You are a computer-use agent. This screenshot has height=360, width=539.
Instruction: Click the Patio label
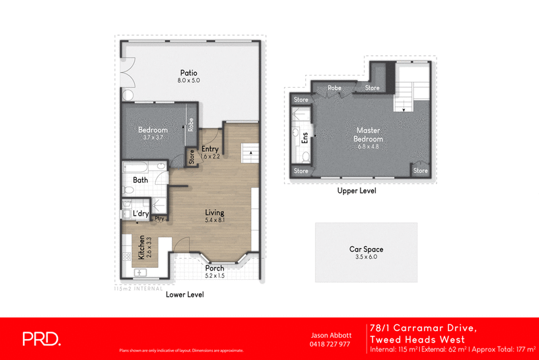coord(189,72)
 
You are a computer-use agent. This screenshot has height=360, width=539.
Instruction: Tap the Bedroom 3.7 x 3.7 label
coord(152,130)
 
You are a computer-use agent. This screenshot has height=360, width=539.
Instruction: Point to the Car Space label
coord(366,249)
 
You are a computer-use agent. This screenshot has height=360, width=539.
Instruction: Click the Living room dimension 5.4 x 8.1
coord(215,220)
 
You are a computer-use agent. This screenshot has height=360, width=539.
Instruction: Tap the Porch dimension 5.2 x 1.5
coord(215,276)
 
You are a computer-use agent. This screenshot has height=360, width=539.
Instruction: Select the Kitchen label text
coord(141,247)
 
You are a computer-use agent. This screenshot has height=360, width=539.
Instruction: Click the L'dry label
coord(141,214)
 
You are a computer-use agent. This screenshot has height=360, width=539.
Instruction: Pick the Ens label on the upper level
coord(305,138)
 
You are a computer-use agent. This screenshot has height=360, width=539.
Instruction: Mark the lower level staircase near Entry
coord(250,152)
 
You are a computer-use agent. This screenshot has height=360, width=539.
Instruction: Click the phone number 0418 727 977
coord(329,344)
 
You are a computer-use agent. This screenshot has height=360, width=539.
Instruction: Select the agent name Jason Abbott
coord(329,334)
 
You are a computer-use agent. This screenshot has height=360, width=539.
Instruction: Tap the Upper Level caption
coord(356,191)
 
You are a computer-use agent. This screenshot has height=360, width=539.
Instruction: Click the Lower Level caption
coord(185,295)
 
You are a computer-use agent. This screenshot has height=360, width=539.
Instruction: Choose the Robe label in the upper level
coord(334,88)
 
